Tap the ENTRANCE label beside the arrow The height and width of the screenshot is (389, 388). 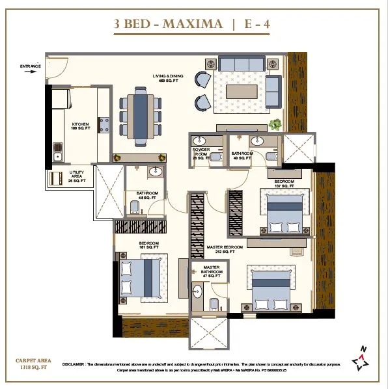click(31, 66)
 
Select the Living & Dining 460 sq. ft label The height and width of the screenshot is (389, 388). click(168, 79)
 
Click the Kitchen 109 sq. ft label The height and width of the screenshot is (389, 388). click(80, 126)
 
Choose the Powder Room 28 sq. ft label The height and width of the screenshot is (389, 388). click(199, 155)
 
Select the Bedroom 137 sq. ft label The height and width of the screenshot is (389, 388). click(284, 183)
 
